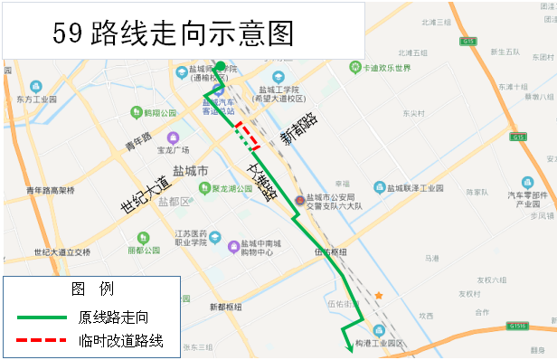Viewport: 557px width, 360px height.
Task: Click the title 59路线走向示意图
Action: pyautogui.click(x=174, y=33)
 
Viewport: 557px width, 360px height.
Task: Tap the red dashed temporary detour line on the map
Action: pyautogui.click(x=246, y=134)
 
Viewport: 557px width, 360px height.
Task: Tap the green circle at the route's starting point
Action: pyautogui.click(x=220, y=66)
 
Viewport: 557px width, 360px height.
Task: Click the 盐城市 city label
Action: pyautogui.click(x=190, y=171)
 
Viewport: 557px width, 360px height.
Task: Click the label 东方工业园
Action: pyautogui.click(x=36, y=99)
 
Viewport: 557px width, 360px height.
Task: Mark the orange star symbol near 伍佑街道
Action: pyautogui.click(x=380, y=296)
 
